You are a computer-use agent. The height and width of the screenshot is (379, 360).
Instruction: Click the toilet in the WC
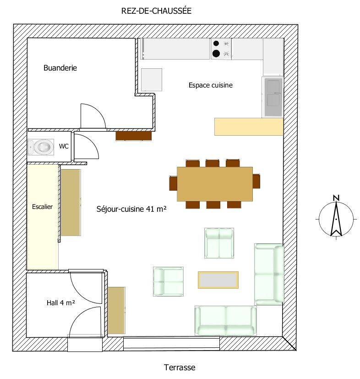point(41,147)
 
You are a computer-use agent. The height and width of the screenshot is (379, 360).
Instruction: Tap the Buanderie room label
point(60,68)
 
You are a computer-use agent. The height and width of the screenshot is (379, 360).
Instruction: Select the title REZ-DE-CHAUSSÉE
point(156,11)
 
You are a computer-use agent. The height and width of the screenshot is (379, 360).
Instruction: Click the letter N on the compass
point(336,198)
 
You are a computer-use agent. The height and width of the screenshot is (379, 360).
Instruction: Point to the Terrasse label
point(180,368)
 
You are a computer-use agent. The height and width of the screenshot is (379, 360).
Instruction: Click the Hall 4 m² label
point(60,302)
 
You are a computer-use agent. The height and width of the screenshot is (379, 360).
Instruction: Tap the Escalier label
point(42,207)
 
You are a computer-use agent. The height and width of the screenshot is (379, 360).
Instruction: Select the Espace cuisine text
point(210,85)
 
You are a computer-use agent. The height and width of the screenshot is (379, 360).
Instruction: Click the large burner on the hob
point(216,54)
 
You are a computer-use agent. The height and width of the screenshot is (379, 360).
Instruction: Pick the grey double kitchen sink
point(273,97)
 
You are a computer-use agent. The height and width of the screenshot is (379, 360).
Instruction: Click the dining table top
point(215,184)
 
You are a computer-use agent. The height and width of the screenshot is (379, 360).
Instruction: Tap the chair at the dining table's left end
point(173,183)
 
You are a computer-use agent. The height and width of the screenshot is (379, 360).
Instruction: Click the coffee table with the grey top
point(218,280)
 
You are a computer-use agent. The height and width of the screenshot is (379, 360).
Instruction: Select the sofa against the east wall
point(269,274)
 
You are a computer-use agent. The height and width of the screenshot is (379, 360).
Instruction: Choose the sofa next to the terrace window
point(226,320)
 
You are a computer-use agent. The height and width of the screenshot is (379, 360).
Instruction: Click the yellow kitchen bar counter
point(249,126)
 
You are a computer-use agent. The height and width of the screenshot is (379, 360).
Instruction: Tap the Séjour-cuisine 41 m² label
point(131,209)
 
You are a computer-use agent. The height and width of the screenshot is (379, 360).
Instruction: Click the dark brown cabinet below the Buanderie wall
point(133,136)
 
